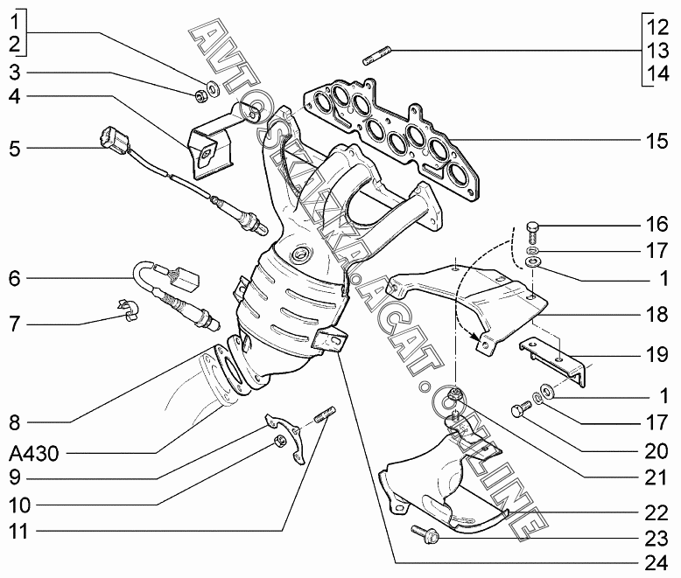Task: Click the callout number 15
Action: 656,141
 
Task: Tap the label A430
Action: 34,454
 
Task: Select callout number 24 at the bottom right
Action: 656,563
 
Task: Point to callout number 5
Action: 15,149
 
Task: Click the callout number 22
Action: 656,513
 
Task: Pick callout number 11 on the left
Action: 18,531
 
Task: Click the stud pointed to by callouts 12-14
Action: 377,57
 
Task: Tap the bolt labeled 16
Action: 533,232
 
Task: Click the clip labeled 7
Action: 129,309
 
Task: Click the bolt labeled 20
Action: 521,409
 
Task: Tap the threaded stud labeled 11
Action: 324,414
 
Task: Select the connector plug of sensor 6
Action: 186,278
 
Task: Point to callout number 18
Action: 656,314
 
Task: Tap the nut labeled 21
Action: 454,395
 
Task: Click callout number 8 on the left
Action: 15,422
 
